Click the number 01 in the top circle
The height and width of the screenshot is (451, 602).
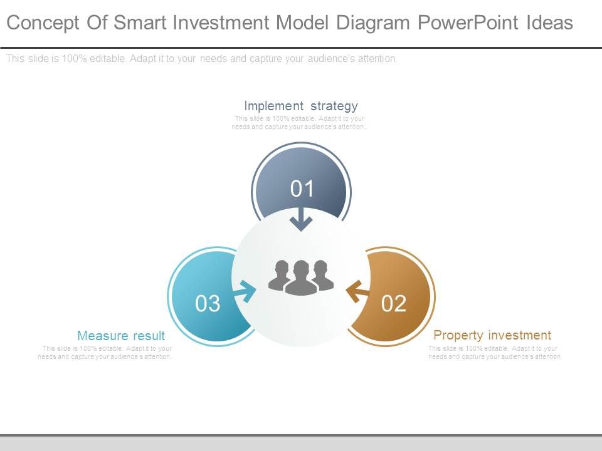[x=302, y=189]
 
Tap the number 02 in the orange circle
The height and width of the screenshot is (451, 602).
[x=394, y=303]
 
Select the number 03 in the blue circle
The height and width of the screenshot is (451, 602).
[x=208, y=303]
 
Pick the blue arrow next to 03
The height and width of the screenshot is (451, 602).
[x=245, y=291]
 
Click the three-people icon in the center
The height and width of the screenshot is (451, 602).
[x=301, y=277]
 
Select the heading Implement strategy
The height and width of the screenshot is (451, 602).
[x=301, y=106]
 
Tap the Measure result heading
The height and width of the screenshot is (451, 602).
[x=121, y=336]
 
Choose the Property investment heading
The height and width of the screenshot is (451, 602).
[x=492, y=335]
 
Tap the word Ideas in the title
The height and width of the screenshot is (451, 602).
[x=548, y=23]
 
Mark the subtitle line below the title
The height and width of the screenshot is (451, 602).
[x=201, y=59]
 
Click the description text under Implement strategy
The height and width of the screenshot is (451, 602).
[x=300, y=122]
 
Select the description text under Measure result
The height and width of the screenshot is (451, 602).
[x=105, y=353]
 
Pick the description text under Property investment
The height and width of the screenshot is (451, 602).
[x=495, y=353]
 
